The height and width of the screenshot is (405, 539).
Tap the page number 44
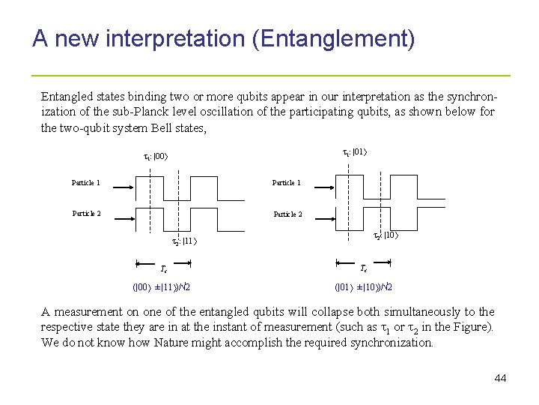[x=500, y=378]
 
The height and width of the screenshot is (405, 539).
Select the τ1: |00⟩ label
[x=156, y=157]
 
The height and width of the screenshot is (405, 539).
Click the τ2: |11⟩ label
[x=184, y=241]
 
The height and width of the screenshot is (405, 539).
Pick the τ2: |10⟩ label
[x=384, y=235]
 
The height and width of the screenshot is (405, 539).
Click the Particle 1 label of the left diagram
[x=86, y=183]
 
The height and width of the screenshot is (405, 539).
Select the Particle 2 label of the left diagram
[x=86, y=213]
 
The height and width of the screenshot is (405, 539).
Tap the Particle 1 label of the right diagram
[x=287, y=183]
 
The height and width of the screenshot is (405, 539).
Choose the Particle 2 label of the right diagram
[x=287, y=214]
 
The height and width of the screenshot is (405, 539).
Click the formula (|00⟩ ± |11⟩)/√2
[x=161, y=286]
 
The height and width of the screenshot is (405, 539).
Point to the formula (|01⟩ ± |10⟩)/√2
[x=363, y=286]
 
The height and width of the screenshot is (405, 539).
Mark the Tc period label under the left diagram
[x=164, y=268]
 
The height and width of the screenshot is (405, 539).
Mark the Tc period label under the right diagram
[x=364, y=268]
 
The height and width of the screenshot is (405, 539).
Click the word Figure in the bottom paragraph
[x=472, y=327]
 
